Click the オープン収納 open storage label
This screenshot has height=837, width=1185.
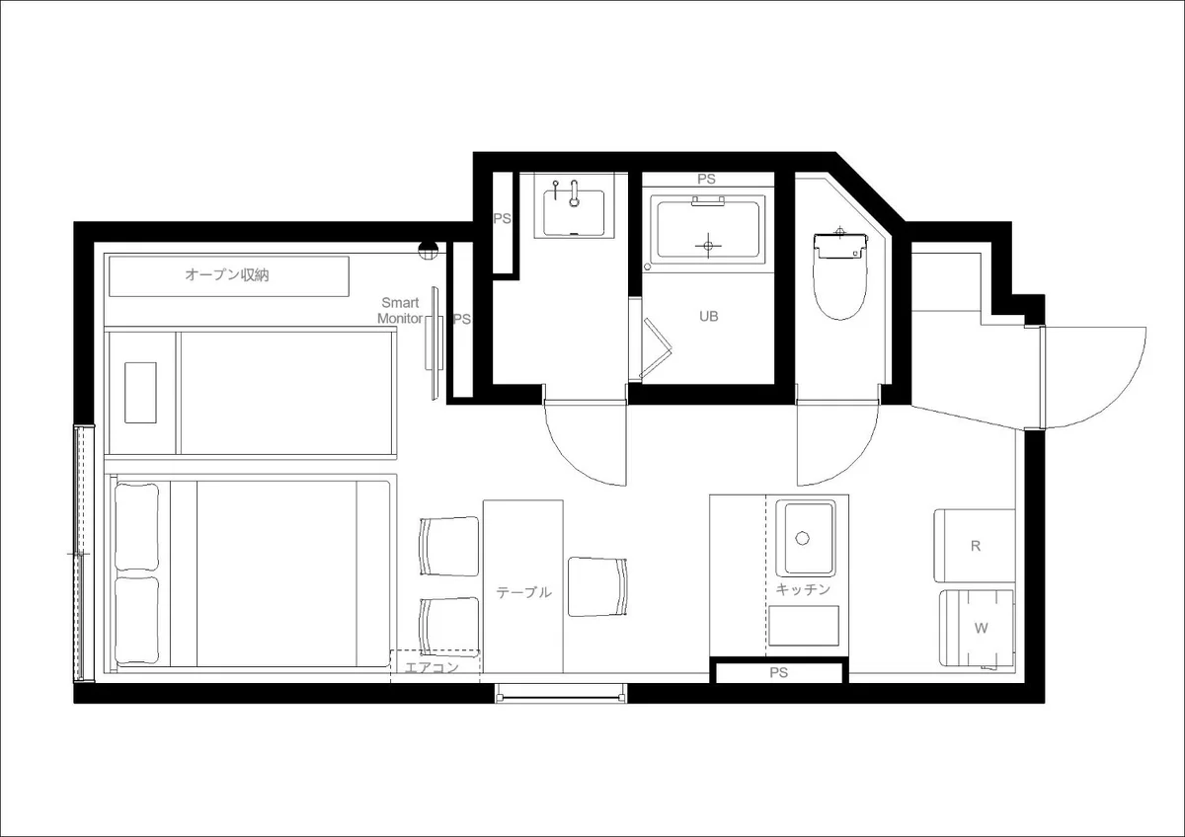(x=227, y=275)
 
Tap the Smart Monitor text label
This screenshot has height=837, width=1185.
(x=400, y=310)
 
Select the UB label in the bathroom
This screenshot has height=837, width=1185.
(x=708, y=316)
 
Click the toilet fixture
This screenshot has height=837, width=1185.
(x=840, y=276)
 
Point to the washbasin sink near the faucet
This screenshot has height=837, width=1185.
(x=574, y=212)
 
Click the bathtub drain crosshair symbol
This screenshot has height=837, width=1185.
(x=708, y=246)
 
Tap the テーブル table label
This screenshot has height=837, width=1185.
(x=523, y=592)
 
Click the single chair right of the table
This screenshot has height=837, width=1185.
(x=597, y=587)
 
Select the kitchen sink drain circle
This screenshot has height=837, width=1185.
(x=803, y=538)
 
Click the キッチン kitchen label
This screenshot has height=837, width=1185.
(x=803, y=589)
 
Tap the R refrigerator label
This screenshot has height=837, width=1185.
(x=976, y=546)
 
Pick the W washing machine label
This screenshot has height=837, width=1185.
(x=981, y=628)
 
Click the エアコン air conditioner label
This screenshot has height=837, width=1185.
(x=432, y=667)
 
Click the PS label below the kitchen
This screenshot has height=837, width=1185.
(x=779, y=672)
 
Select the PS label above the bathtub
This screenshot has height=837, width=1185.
(x=706, y=180)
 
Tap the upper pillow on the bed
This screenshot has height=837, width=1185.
(x=136, y=527)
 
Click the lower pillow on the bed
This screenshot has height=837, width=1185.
(x=136, y=620)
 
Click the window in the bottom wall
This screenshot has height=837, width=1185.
(x=561, y=693)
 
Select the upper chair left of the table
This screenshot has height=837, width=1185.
(x=449, y=546)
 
